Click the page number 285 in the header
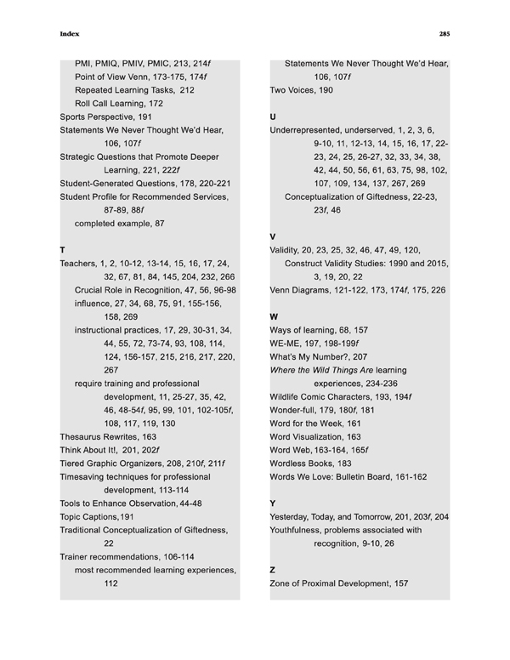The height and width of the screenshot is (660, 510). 444,35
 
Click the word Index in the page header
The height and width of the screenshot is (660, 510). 70,35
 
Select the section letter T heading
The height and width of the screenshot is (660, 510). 63,250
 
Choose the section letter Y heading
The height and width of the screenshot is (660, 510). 273,504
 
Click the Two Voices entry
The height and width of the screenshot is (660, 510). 301,89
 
